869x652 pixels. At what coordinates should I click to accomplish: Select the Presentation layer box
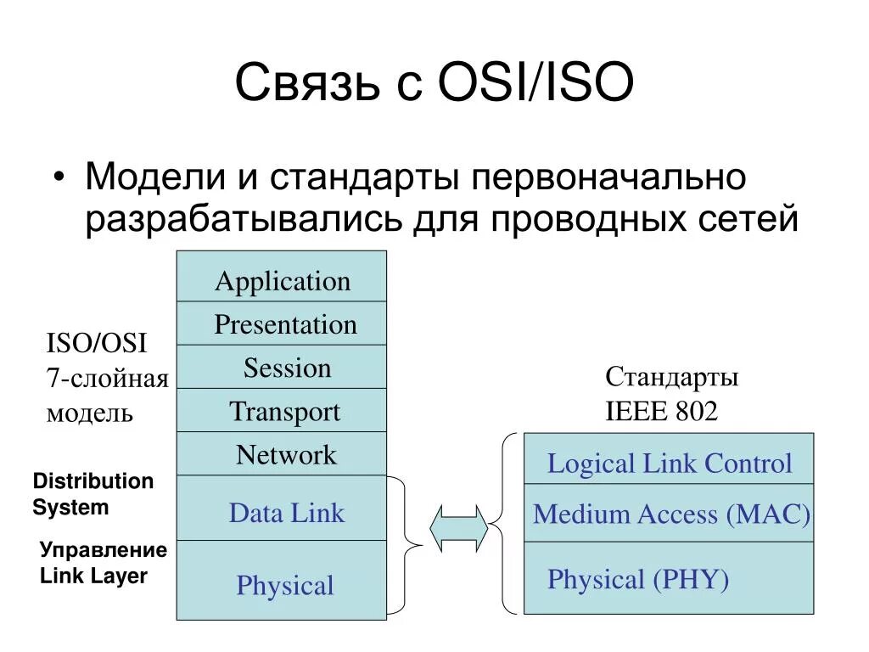click(282, 323)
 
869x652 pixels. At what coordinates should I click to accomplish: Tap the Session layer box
click(282, 367)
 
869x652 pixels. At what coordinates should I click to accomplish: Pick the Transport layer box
click(282, 411)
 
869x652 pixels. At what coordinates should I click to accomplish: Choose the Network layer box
click(282, 454)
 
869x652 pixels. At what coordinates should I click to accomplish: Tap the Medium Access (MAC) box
click(669, 514)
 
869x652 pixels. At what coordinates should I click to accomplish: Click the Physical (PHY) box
click(669, 579)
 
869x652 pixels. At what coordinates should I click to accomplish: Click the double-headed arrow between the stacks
click(459, 528)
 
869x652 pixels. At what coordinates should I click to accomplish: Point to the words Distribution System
click(93, 494)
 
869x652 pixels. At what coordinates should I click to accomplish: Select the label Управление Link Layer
click(103, 563)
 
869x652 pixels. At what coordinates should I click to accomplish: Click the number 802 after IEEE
click(697, 412)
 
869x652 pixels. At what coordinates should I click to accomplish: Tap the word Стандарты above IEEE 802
click(671, 377)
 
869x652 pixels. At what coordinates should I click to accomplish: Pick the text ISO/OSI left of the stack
click(95, 344)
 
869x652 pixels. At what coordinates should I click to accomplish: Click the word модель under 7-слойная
click(89, 413)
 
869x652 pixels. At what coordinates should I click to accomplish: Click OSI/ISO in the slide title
click(535, 85)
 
